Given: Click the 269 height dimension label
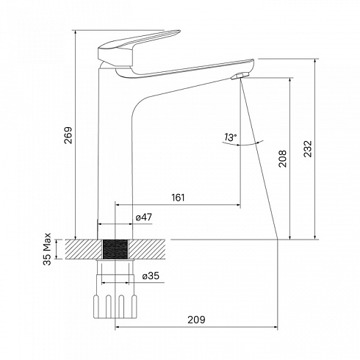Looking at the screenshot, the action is (68, 135).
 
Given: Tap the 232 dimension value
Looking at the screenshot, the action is (308, 148).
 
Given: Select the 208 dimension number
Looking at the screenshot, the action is (282, 159).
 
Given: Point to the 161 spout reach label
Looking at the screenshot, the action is (178, 198).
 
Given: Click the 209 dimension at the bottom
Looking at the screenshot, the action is (196, 320).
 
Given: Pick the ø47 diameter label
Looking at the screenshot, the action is (144, 217).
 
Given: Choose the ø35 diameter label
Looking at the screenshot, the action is (151, 276).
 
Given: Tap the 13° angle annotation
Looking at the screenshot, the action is (231, 137).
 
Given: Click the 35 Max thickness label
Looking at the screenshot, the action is (47, 249).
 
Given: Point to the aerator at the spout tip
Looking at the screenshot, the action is (240, 76).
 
